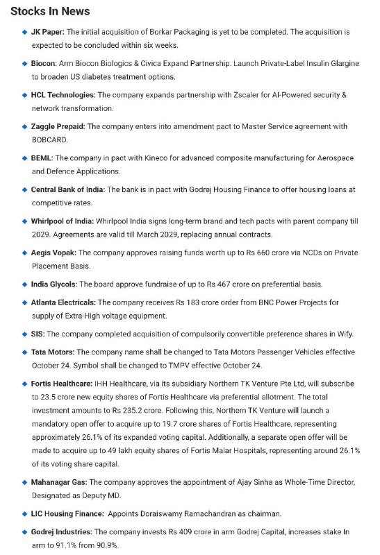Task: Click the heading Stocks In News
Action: point(50,12)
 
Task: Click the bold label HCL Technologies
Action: point(63,94)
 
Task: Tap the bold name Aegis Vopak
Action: point(53,253)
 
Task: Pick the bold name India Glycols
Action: point(54,284)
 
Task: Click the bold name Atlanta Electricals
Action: point(63,302)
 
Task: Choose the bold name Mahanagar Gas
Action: point(58,481)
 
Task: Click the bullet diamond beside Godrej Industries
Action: point(24,531)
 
